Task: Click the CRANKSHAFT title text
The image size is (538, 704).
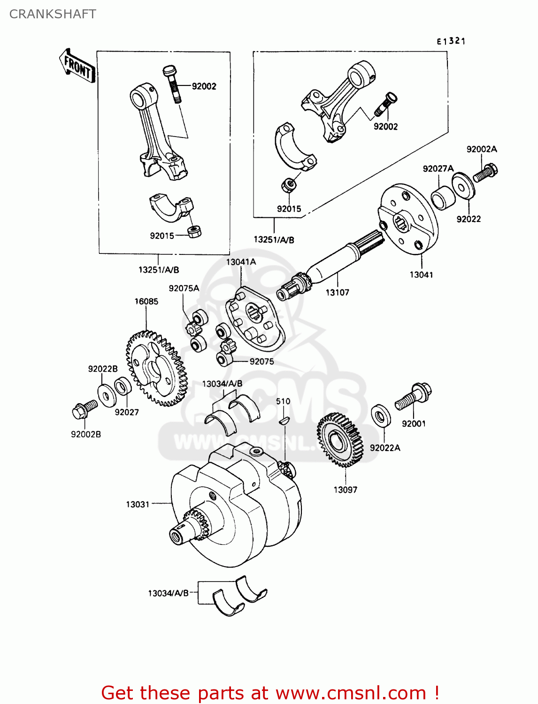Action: (53, 14)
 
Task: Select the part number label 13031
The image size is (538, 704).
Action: (137, 505)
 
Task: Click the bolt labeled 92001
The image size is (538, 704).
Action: (414, 397)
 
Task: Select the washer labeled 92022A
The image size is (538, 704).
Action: (380, 415)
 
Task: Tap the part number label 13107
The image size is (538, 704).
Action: (337, 292)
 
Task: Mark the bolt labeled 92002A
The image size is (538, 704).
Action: (485, 173)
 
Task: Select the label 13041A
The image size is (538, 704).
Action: (241, 262)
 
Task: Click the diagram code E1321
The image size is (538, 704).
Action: (451, 41)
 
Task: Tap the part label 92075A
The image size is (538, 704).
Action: (184, 288)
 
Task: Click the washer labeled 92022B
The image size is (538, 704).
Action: (107, 396)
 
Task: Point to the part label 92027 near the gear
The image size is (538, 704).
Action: (127, 412)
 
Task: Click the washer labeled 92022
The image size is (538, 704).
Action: (463, 186)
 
